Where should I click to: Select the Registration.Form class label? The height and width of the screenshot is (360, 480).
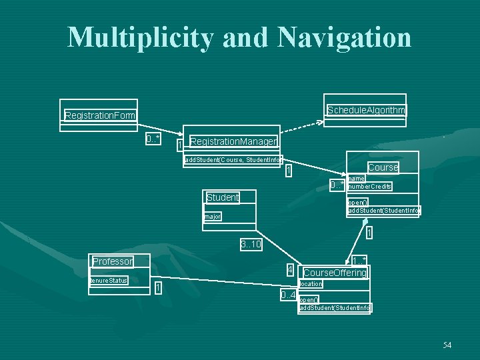(x=100, y=116)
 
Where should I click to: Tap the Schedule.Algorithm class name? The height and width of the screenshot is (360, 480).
(x=366, y=110)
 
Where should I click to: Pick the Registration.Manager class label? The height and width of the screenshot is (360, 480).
(x=233, y=141)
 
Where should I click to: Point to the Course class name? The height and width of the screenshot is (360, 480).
(x=383, y=167)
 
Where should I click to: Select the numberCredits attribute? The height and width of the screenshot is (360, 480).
(x=370, y=187)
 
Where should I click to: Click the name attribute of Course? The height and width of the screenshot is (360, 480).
(x=356, y=179)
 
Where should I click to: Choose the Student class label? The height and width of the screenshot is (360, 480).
(x=222, y=197)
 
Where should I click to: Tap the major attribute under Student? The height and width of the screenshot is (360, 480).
(x=213, y=217)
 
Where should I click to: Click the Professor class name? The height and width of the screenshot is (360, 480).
(x=112, y=261)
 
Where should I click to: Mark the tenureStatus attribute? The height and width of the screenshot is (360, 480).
(x=109, y=281)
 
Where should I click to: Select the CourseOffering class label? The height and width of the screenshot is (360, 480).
(x=335, y=273)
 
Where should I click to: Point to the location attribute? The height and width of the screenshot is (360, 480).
(x=311, y=284)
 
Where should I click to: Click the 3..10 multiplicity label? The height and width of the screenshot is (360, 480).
(x=251, y=245)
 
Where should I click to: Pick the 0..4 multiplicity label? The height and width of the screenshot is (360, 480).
(x=288, y=295)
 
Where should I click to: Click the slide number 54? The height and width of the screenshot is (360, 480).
(x=447, y=345)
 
